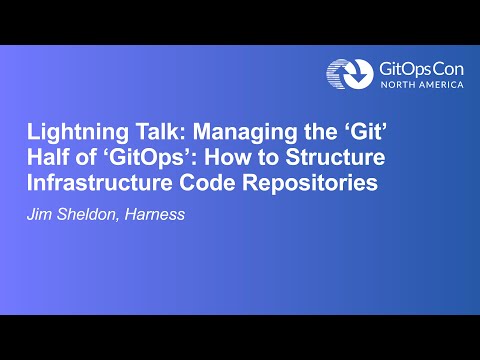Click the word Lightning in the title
[x=71, y=134]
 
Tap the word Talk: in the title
[x=152, y=134]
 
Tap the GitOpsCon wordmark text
[x=421, y=69]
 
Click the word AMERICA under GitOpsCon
[x=441, y=86]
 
